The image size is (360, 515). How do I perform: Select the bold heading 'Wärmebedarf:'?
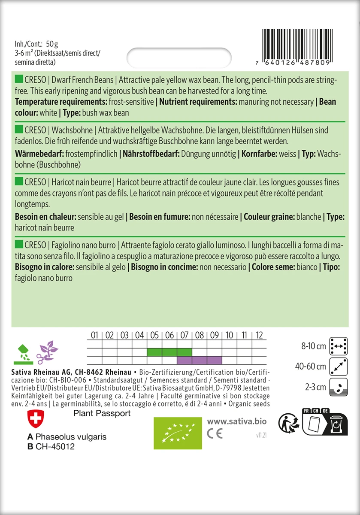pyautogui.click(x=38, y=154)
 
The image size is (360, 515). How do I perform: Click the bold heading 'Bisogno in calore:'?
pyautogui.click(x=44, y=267)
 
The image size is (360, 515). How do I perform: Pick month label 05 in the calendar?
pyautogui.click(x=154, y=335)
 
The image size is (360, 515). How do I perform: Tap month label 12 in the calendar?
pyautogui.click(x=259, y=335)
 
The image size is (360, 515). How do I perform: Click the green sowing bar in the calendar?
pyautogui.click(x=169, y=352)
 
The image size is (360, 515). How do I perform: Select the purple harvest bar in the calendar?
pyautogui.click(x=199, y=360)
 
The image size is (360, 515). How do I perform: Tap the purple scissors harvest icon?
pyautogui.click(x=46, y=352)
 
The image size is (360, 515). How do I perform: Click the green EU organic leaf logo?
pyautogui.click(x=178, y=433)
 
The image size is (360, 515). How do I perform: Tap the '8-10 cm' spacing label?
pyautogui.click(x=314, y=346)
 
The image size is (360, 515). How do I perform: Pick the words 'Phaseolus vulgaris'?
pyautogui.click(x=71, y=437)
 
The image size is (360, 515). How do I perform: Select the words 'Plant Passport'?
pyautogui.click(x=102, y=413)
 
